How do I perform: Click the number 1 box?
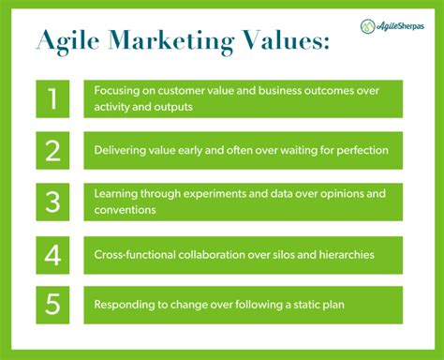[52, 98]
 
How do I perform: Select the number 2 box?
[52, 150]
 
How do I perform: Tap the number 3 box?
[52, 202]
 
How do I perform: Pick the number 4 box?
[52, 254]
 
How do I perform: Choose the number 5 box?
[52, 305]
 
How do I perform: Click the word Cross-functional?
[134, 254]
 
